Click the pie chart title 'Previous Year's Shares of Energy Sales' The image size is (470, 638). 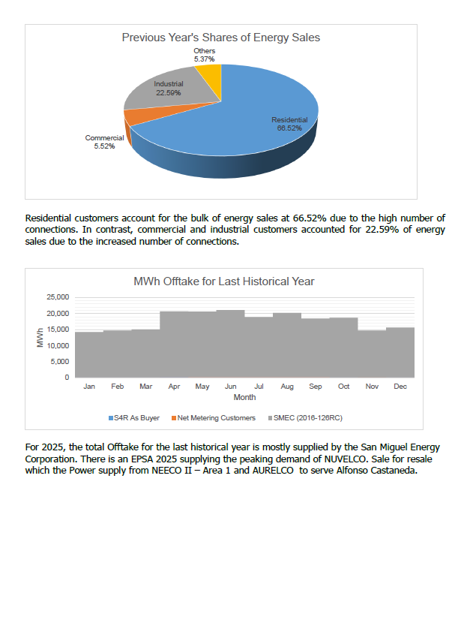221,37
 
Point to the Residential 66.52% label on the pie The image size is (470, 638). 289,124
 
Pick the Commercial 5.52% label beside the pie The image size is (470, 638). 104,142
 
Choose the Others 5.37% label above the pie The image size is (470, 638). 204,54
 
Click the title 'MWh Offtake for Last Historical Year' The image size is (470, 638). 223,281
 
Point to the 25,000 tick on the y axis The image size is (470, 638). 58,297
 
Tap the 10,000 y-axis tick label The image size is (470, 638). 58,345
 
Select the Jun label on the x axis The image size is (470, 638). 231,387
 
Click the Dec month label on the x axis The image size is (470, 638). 400,387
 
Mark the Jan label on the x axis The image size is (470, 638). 89,387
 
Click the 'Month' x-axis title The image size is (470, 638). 244,397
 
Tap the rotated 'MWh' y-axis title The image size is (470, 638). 40,338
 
